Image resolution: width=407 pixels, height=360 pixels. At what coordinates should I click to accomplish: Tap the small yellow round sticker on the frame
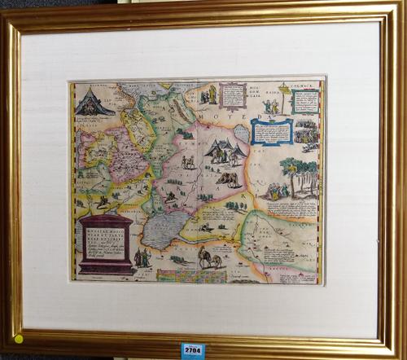point(18,338)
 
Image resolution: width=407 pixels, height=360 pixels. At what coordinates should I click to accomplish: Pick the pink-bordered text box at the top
point(232,94)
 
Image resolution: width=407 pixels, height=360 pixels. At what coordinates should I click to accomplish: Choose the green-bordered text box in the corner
point(305,100)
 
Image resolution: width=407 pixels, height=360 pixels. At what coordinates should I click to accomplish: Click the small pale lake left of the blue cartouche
point(242,133)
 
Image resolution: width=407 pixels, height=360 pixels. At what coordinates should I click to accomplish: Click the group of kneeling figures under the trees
point(277,191)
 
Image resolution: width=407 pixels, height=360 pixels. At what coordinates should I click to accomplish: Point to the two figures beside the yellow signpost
point(271,106)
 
